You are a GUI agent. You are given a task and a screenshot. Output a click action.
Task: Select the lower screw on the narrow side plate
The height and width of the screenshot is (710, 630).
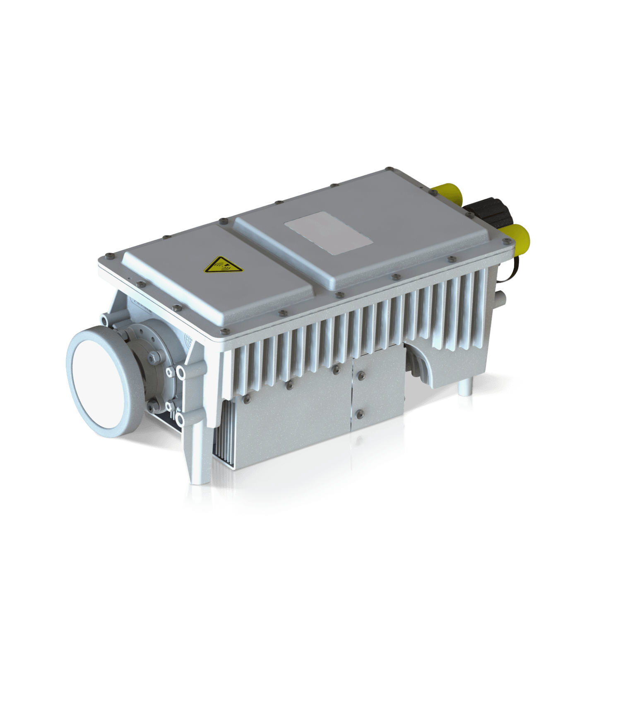pos(359,412)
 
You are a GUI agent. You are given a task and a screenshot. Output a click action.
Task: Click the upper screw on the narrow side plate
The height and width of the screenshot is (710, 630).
pos(359,375)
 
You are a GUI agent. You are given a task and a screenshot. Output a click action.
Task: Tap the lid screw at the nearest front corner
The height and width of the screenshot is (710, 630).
pos(224,330)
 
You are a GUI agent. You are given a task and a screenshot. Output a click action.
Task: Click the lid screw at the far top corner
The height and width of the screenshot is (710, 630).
pos(388,168)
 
